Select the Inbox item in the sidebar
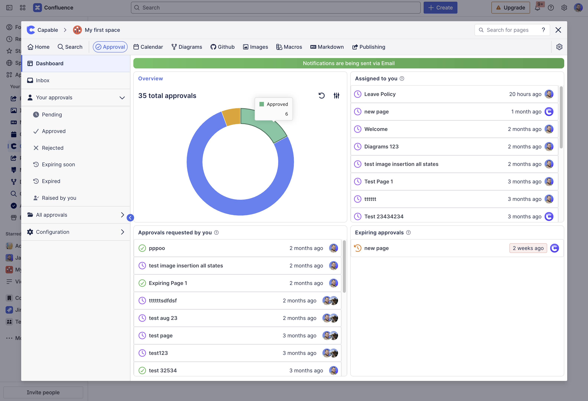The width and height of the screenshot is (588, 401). [x=43, y=80]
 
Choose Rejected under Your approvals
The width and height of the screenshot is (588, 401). [x=52, y=148]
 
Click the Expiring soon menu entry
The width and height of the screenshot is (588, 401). [x=58, y=165]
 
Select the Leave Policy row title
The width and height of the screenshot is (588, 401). [x=380, y=94]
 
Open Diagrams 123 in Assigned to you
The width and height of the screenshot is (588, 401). [x=381, y=147]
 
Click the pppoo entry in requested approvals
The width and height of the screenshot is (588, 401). [x=157, y=248]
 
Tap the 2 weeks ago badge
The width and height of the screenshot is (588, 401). [x=528, y=248]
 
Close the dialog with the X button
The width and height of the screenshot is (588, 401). [x=558, y=30]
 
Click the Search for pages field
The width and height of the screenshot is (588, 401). [x=509, y=30]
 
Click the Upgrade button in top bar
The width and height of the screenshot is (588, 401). [x=510, y=8]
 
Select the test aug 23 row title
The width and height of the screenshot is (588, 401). [x=163, y=318]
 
